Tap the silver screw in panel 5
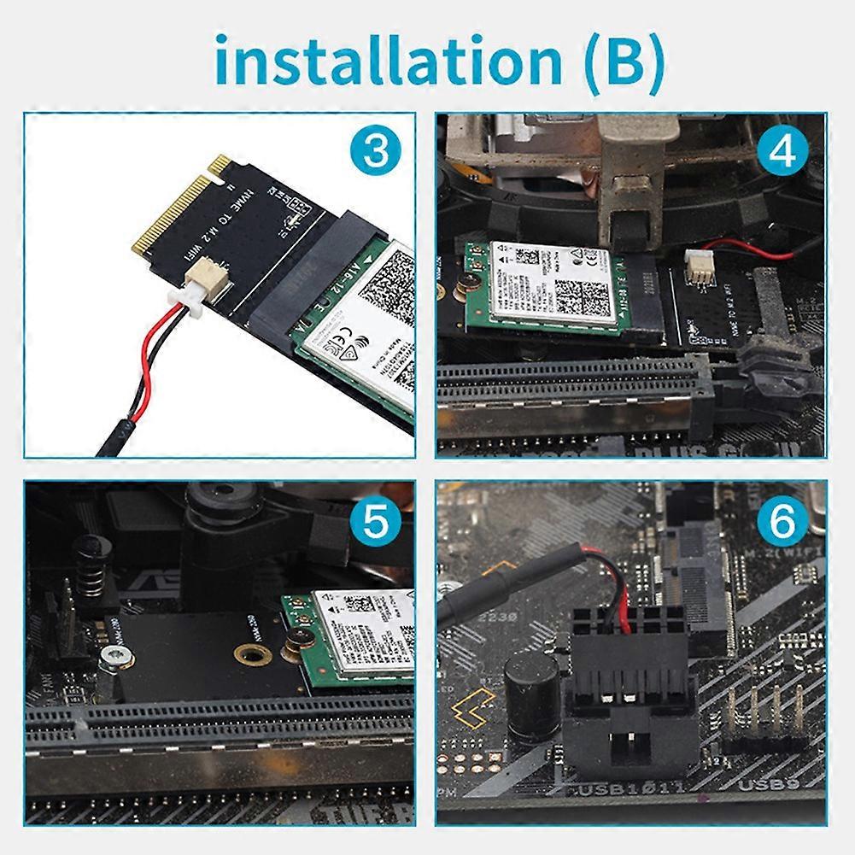click(x=114, y=656)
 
